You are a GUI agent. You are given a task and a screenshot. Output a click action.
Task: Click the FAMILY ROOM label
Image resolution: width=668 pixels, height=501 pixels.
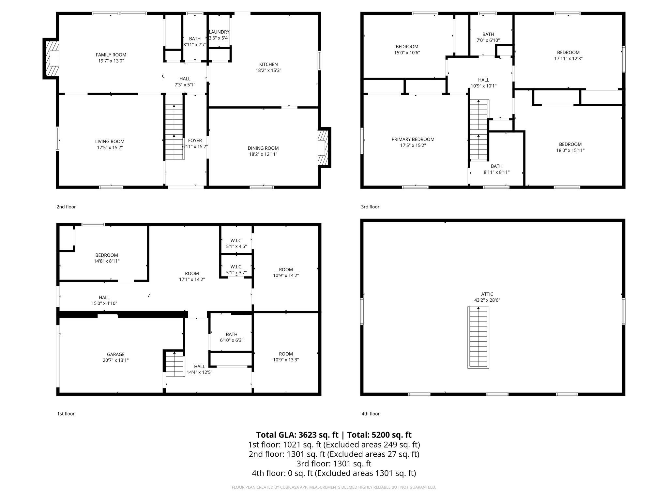point(111,55)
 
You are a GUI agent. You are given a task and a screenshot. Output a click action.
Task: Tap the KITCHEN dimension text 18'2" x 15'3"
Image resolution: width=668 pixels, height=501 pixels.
point(268,70)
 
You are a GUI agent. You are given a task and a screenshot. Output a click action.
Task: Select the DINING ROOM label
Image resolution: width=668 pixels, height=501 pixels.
point(263,148)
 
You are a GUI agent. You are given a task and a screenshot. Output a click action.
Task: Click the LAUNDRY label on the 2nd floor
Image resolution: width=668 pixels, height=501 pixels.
point(219,32)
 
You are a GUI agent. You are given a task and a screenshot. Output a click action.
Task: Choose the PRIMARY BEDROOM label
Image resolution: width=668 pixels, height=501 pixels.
point(413,139)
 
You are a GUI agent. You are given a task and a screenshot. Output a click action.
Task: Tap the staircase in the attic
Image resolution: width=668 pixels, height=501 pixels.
point(478,338)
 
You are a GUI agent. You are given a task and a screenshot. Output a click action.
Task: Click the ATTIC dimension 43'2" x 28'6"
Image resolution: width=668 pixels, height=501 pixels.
point(487,300)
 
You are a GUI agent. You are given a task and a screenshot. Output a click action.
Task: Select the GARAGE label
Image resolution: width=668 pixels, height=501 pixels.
point(116,354)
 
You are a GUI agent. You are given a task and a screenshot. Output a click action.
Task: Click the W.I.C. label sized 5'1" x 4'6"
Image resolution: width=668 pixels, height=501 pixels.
point(236,240)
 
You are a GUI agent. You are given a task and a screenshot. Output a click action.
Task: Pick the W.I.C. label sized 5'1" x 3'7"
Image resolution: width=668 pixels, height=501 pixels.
point(236,267)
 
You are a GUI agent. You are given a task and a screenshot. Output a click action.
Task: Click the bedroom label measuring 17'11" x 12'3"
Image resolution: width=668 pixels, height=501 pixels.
point(568,53)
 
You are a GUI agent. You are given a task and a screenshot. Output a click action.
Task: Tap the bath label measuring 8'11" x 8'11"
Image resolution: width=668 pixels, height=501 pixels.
point(496,166)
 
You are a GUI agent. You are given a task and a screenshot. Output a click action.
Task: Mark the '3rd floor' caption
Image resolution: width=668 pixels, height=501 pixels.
point(370,207)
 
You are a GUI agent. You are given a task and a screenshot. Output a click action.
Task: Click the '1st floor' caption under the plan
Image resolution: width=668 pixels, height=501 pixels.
point(66,414)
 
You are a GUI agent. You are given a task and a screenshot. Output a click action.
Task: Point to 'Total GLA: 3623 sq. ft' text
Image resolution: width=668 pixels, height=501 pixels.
point(297,435)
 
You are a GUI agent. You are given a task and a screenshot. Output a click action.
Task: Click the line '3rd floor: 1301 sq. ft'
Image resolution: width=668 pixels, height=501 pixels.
point(334,463)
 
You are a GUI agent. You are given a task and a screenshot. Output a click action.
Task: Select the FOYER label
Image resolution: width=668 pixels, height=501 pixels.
point(195,141)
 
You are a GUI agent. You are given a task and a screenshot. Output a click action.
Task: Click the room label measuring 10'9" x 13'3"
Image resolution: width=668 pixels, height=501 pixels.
point(286,354)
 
